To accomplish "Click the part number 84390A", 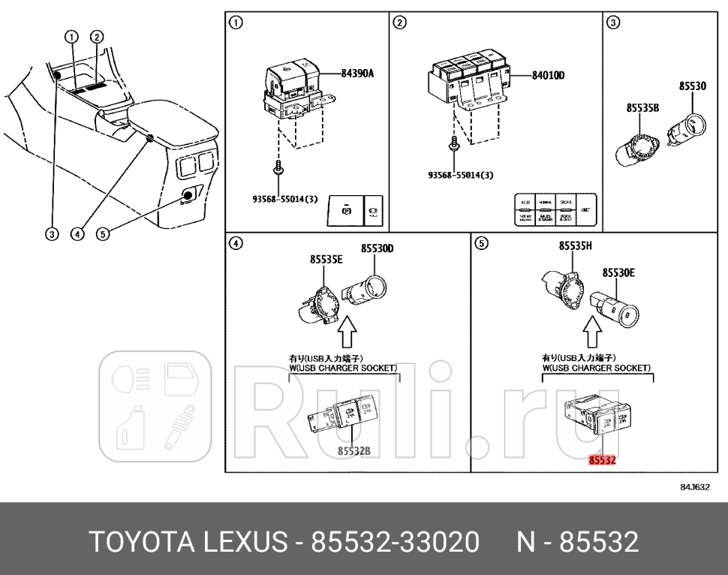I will [x=357, y=74].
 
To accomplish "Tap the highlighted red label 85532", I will [x=602, y=462].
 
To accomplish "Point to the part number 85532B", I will [x=354, y=450].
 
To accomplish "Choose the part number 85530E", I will [x=619, y=273].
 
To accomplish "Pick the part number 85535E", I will [x=326, y=260].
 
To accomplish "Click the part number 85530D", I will [x=377, y=248].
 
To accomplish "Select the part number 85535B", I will [x=642, y=108].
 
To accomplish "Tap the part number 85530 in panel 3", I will [x=692, y=87].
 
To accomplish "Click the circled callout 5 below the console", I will [x=104, y=233].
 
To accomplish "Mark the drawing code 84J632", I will [x=693, y=486].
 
